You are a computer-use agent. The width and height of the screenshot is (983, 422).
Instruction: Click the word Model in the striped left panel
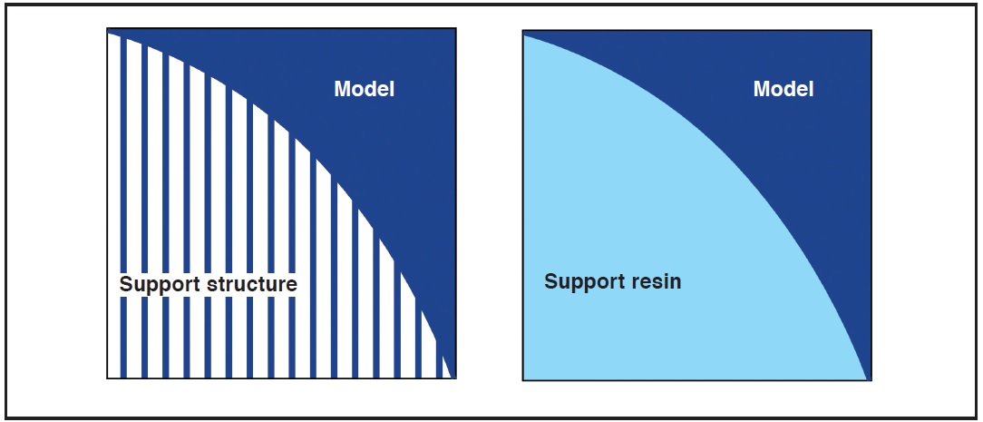[x=365, y=89]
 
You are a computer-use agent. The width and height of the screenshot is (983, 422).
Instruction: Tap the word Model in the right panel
[x=783, y=89]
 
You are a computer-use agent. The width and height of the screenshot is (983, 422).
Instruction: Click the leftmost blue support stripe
[x=123, y=208]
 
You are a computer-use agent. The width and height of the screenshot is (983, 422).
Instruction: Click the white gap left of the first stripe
[x=114, y=206]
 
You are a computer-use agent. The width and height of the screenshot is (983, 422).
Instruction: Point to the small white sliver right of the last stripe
[x=447, y=370]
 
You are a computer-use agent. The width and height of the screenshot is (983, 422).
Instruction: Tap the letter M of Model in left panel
[x=342, y=89]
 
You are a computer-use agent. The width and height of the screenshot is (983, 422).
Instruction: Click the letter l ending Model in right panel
[x=812, y=89]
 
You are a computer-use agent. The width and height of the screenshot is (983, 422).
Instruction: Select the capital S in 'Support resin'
[x=550, y=281]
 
